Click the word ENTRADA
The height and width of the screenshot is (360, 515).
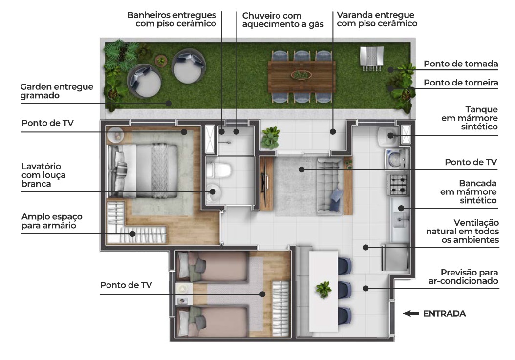coord(444,314)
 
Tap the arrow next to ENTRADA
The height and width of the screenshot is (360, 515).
coord(411,314)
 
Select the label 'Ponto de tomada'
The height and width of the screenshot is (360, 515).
coord(461,64)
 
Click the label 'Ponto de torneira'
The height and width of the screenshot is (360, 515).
coord(461,83)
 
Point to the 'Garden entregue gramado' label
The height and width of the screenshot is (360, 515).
coord(57,91)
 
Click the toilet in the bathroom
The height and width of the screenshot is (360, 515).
coord(218,170)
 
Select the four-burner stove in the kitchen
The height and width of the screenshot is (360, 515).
coord(398,185)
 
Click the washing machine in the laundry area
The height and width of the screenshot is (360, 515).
coord(396,159)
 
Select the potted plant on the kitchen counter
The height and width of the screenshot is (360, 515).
coord(323,289)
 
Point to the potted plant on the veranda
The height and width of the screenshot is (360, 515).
coord(270,137)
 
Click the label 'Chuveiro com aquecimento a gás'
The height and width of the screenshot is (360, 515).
coord(283,20)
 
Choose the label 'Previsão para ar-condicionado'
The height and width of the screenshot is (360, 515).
coord(463,276)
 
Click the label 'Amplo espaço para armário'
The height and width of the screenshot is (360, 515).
coord(52,221)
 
